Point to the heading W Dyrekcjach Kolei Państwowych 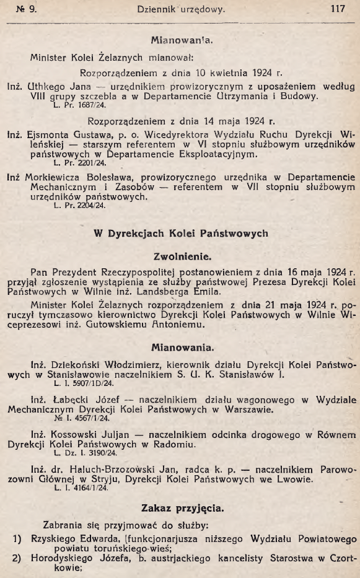[x=180, y=234]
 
